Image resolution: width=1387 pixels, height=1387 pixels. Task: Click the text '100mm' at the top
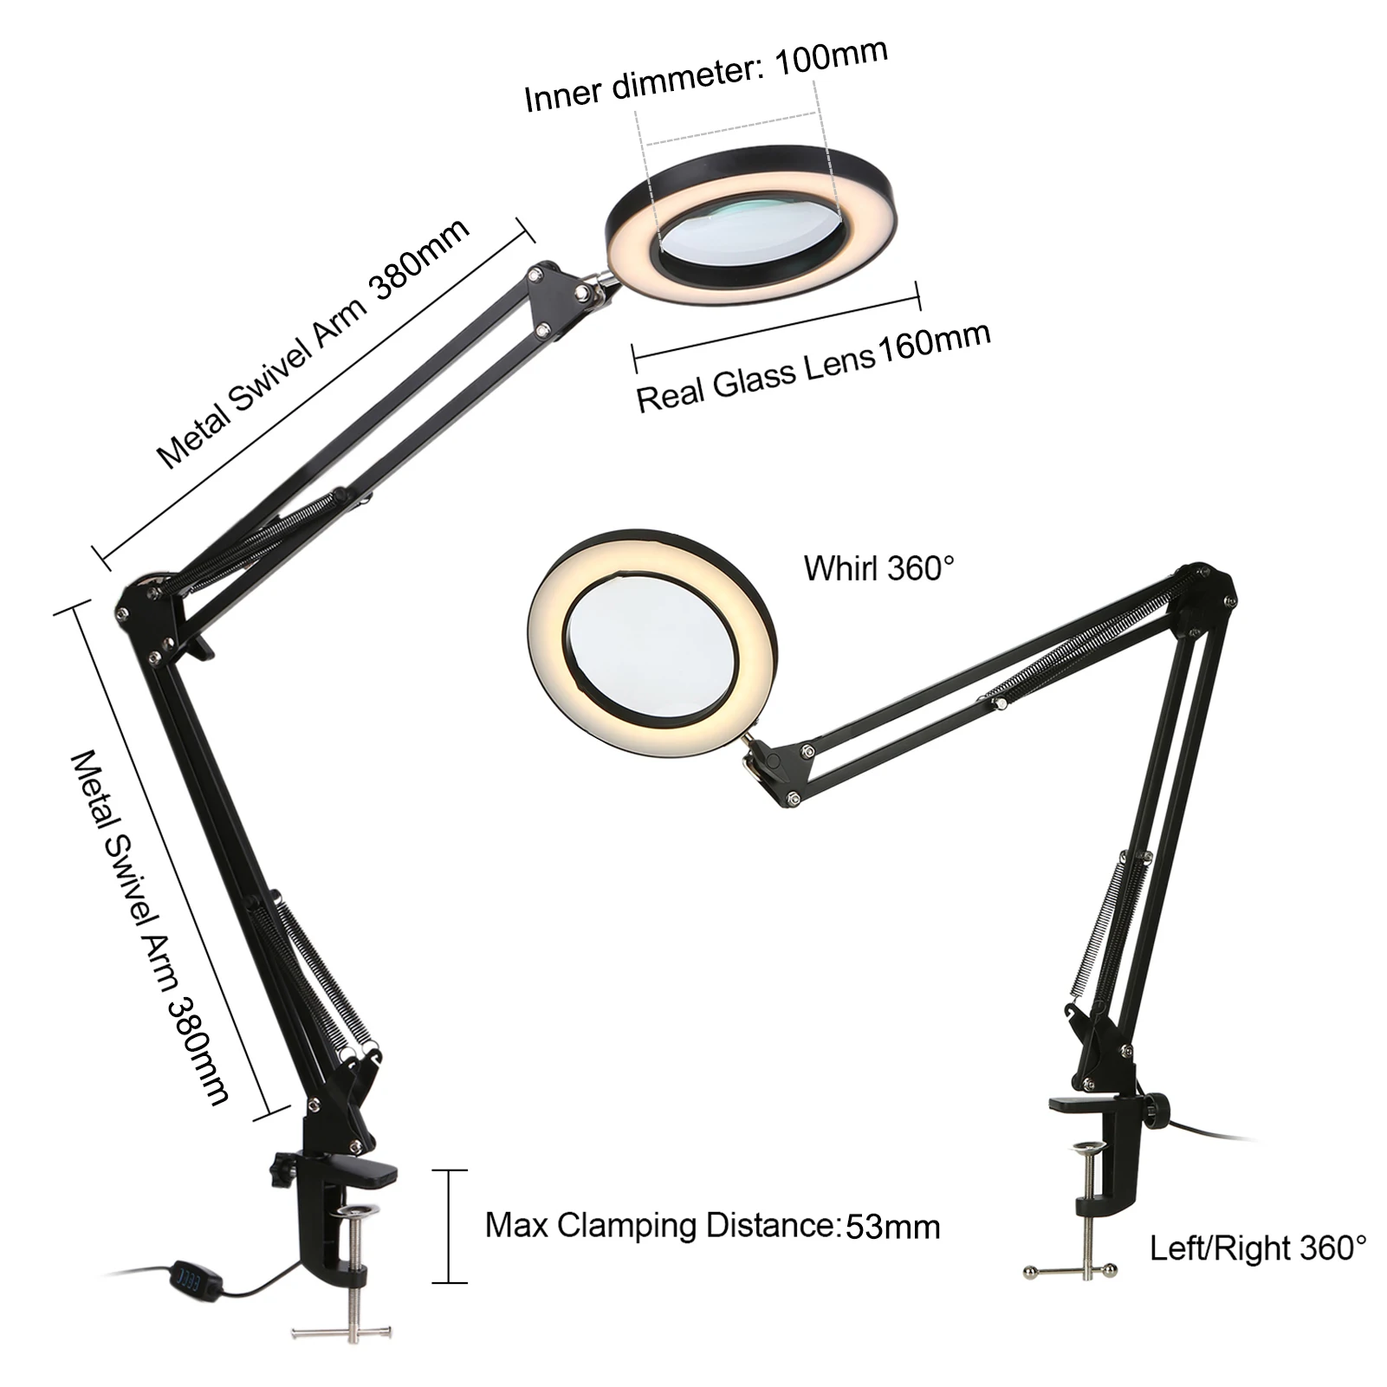pyautogui.click(x=831, y=56)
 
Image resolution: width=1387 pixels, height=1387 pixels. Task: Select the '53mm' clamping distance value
pyautogui.click(x=892, y=1227)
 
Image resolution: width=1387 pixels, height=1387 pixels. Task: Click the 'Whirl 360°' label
pyautogui.click(x=878, y=569)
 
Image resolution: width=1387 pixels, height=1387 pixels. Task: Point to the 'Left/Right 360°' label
pyautogui.click(x=1257, y=1248)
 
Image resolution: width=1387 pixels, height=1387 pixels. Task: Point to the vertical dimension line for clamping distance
pyautogui.click(x=450, y=1226)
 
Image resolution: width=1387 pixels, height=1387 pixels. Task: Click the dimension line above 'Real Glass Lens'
pyautogui.click(x=776, y=326)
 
